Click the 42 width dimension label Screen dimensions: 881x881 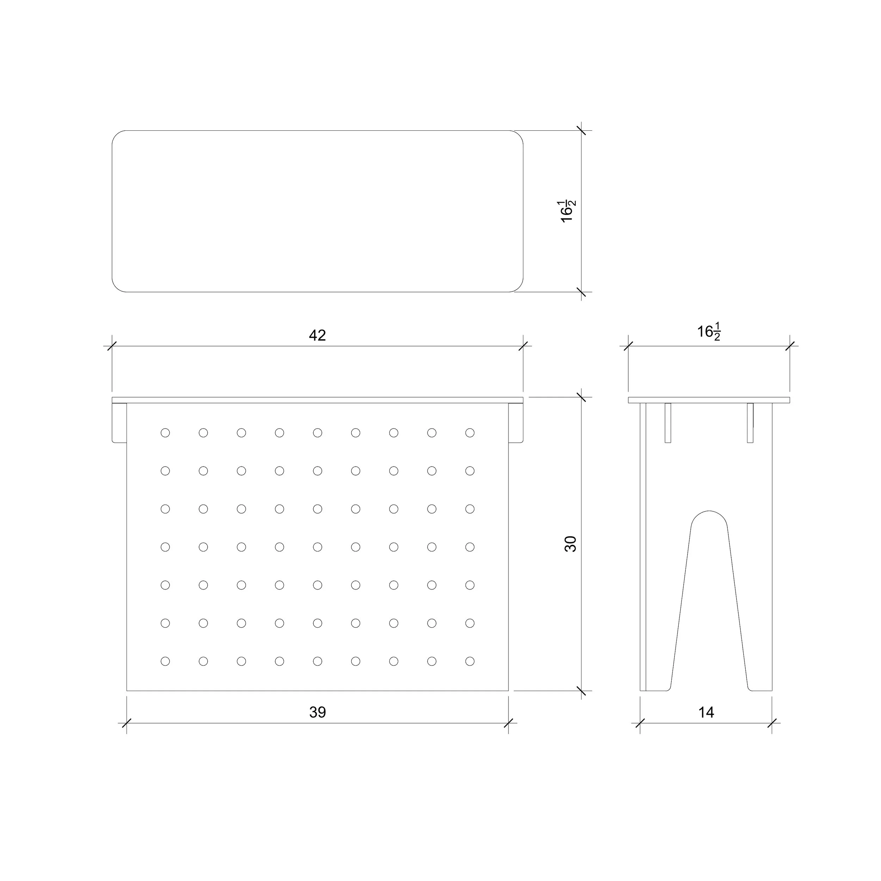(x=318, y=335)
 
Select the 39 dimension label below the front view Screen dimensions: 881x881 (x=318, y=712)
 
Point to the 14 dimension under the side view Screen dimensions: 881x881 (x=706, y=712)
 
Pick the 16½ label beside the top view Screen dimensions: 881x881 (x=568, y=211)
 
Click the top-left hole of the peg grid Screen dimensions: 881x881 (x=165, y=433)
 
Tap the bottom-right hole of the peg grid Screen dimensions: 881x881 (x=470, y=661)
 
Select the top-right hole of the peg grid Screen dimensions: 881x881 (x=470, y=433)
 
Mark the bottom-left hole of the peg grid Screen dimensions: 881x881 (x=165, y=661)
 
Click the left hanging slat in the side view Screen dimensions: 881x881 (x=668, y=423)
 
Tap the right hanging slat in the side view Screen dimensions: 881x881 (x=750, y=423)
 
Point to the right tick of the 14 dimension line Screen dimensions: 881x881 (x=772, y=723)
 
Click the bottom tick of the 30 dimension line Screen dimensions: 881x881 (x=581, y=691)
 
